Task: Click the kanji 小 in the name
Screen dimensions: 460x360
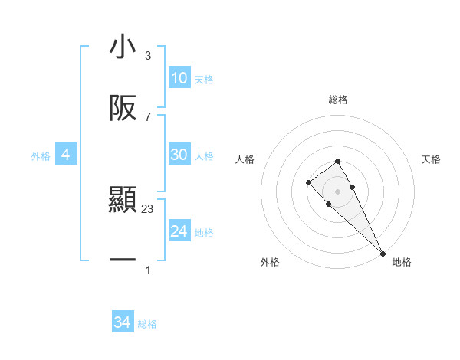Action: point(123,47)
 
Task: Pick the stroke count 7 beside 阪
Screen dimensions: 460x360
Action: point(148,116)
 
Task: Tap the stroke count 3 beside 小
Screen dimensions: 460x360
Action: point(148,56)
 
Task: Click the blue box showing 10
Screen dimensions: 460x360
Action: point(179,78)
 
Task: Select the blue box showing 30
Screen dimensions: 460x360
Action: point(179,155)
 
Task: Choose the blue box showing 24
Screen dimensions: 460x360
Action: point(179,231)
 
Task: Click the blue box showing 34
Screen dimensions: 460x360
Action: point(123,322)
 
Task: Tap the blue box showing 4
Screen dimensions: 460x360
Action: point(65,155)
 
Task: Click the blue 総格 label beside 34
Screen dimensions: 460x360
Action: point(147,324)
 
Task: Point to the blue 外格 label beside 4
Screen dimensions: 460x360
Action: point(41,156)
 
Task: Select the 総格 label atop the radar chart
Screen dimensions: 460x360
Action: point(338,100)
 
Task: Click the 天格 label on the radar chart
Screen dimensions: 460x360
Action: point(432,159)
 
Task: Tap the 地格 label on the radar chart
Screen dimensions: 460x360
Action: point(402,262)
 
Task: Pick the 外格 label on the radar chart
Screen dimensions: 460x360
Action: point(270,262)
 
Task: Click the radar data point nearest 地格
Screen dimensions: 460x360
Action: point(383,253)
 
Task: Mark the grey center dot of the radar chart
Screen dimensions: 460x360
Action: point(337,191)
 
